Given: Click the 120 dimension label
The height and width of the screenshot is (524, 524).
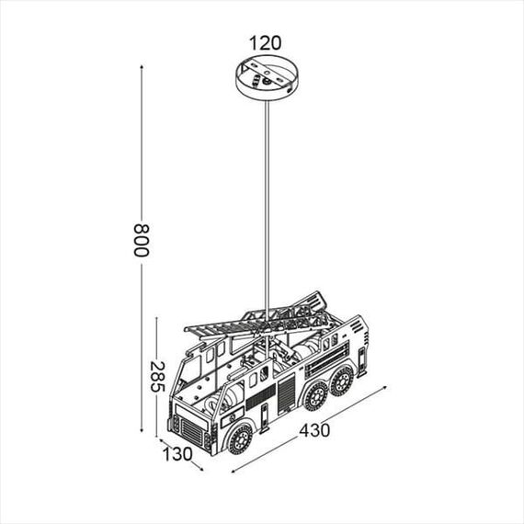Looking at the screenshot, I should [265, 42].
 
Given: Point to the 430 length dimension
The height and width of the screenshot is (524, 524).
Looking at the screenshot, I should [314, 429].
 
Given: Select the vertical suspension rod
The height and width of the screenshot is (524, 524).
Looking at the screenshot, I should [266, 202].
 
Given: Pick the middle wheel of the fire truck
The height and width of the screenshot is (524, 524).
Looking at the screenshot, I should [316, 395].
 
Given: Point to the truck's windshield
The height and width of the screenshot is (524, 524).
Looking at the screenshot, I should [190, 372].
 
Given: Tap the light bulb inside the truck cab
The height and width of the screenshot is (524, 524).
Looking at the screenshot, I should [230, 395].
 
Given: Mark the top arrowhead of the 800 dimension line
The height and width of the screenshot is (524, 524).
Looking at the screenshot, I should [143, 67].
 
